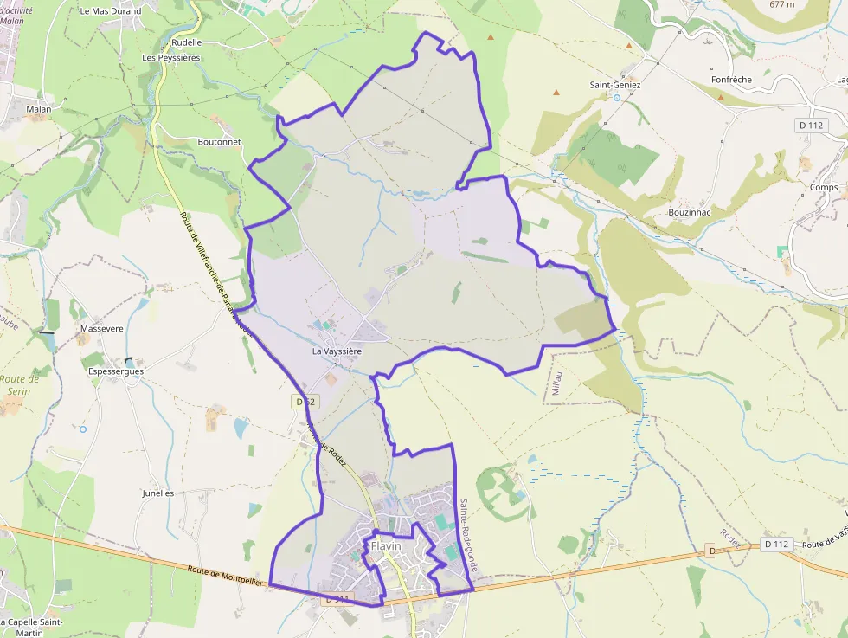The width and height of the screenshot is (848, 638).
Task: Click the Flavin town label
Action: [386, 546]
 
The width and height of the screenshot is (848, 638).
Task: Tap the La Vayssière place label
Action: [337, 352]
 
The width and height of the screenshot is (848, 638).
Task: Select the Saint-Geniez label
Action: [615, 85]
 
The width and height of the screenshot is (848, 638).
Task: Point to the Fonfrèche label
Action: [731, 80]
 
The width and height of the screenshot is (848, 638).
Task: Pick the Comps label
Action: [824, 187]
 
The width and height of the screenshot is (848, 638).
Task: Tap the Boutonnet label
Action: [219, 142]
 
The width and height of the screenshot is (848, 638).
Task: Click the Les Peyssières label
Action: [171, 58]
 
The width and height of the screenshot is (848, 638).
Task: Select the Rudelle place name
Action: [186, 42]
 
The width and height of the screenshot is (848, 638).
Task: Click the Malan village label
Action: [39, 109]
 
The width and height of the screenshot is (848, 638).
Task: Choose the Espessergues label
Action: [116, 371]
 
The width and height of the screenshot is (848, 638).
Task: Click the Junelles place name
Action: [157, 493]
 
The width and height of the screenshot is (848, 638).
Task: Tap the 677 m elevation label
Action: [782, 4]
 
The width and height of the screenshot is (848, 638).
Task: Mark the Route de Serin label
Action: [21, 384]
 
